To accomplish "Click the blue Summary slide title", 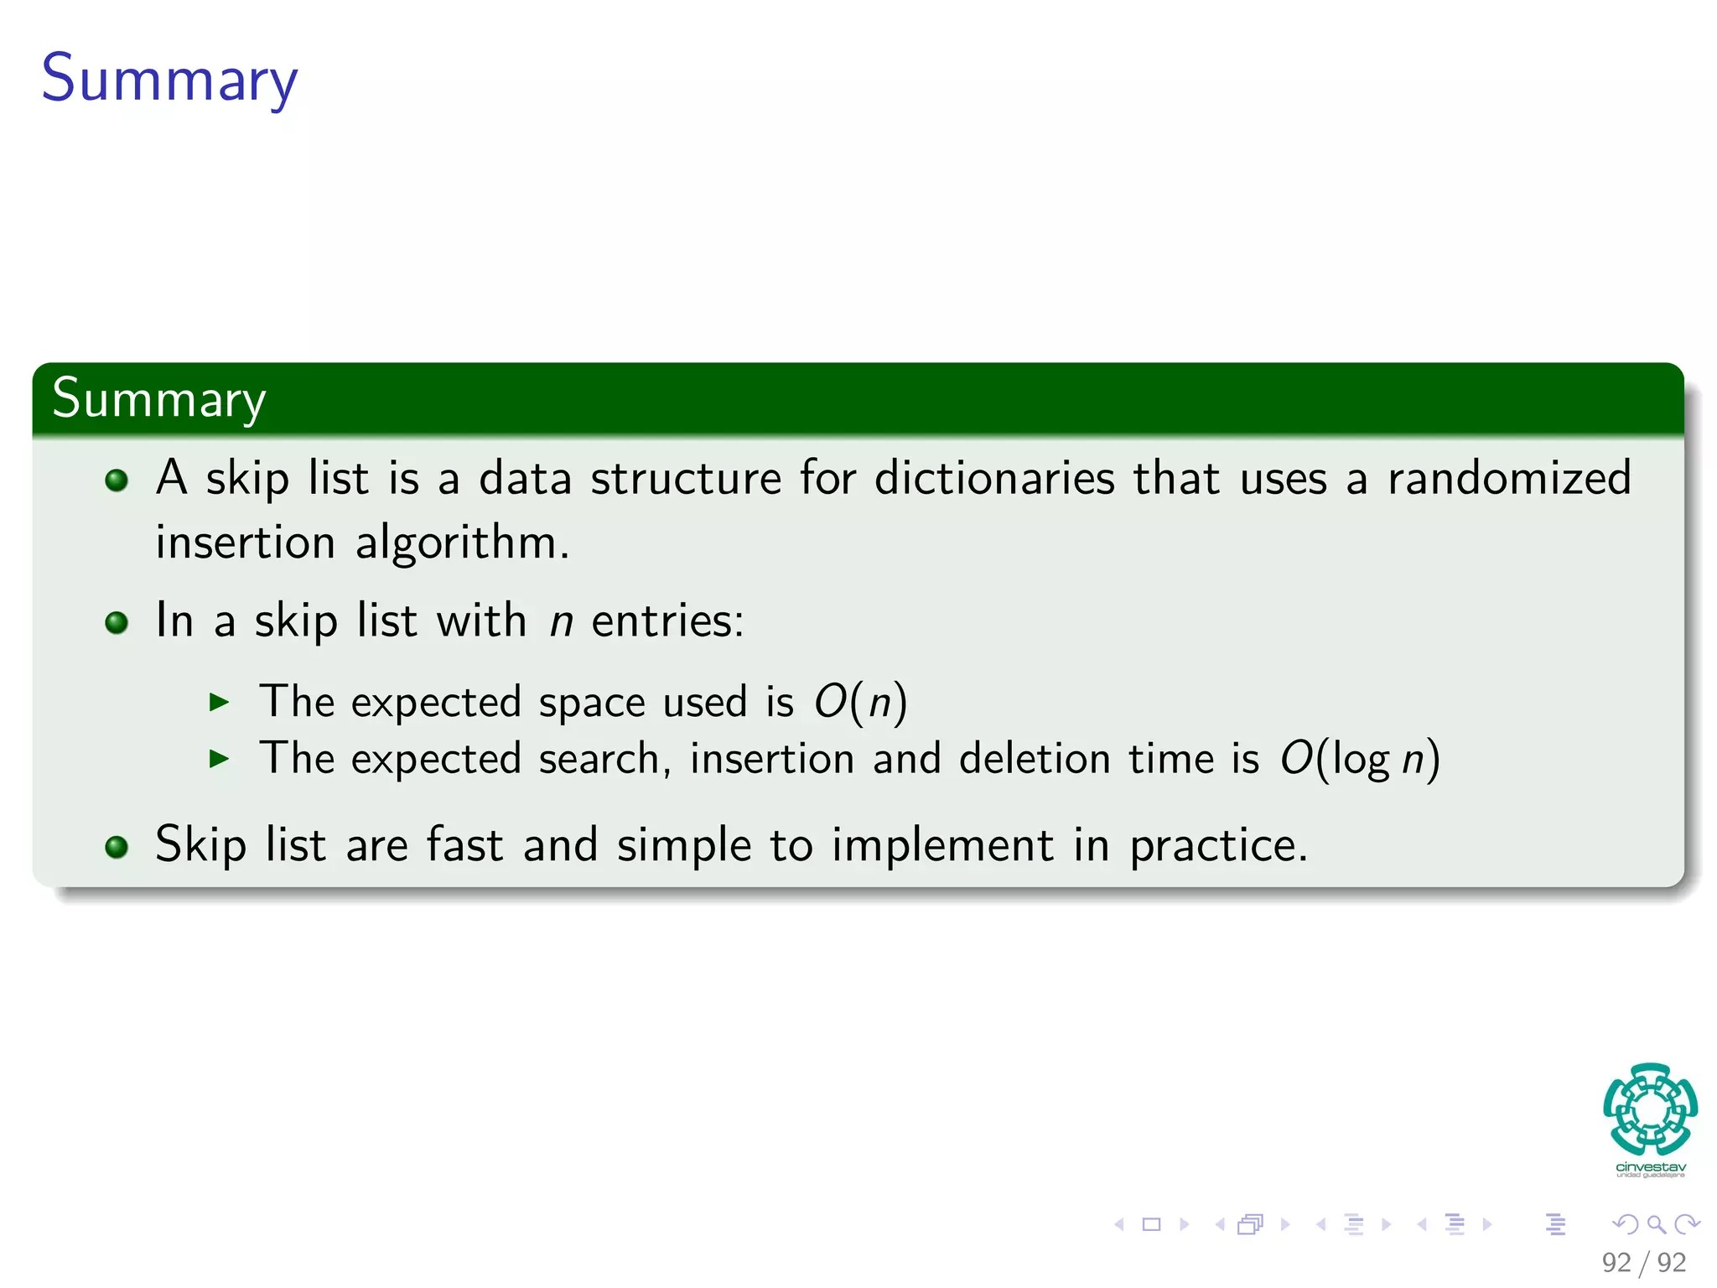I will point(169,78).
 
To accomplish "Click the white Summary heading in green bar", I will point(158,398).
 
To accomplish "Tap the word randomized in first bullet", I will point(1509,479).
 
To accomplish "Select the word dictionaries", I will point(994,479).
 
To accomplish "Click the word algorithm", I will point(462,543).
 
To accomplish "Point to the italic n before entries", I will point(561,622).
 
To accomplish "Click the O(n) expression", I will point(860,702).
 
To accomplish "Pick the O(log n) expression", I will point(1359,760).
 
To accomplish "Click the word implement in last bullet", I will point(942,845).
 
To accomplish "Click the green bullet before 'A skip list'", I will point(117,480).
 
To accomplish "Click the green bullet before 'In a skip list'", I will point(117,623).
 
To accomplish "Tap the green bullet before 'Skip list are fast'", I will point(117,847).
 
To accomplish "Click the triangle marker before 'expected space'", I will point(219,703).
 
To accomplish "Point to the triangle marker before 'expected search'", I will point(219,760).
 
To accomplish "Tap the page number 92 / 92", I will point(1643,1262).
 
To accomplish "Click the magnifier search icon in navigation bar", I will point(1656,1224).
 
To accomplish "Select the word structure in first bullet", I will point(686,479).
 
